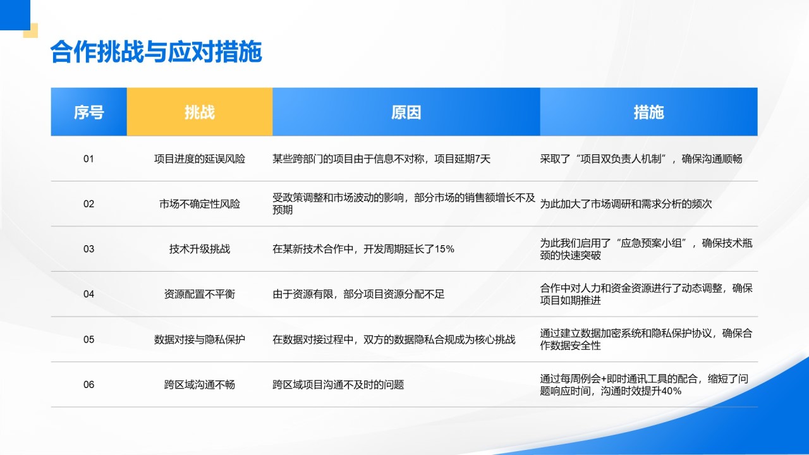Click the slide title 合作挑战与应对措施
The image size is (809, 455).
pyautogui.click(x=155, y=53)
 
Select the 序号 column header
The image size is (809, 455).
pyautogui.click(x=88, y=112)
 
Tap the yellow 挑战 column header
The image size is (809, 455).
pyautogui.click(x=200, y=112)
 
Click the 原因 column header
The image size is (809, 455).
pyautogui.click(x=406, y=112)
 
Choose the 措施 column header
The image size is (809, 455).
pyautogui.click(x=648, y=112)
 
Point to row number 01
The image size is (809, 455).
pyautogui.click(x=88, y=159)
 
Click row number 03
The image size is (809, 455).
pyautogui.click(x=88, y=249)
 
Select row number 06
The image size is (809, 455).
pyautogui.click(x=88, y=384)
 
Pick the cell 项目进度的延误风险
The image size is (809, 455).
pyautogui.click(x=200, y=159)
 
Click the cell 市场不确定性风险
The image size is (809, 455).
pyautogui.click(x=200, y=204)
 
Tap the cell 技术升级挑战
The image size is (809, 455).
pyautogui.click(x=200, y=249)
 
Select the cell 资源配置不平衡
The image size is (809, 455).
pyautogui.click(x=200, y=294)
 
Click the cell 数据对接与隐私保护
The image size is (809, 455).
pyautogui.click(x=200, y=339)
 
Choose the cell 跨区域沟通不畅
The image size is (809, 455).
pyautogui.click(x=200, y=384)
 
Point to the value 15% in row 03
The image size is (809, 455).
pyautogui.click(x=444, y=249)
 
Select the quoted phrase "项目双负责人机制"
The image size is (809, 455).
pyautogui.click(x=625, y=159)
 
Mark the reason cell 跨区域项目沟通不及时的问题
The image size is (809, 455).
pyautogui.click(x=338, y=384)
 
